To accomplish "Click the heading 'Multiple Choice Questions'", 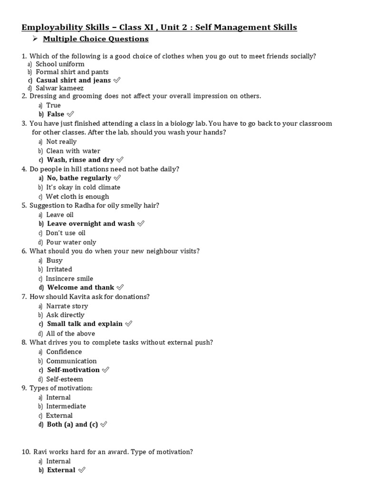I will coord(96,39).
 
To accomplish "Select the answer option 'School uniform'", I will coord(60,64).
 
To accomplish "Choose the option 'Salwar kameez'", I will coord(59,88).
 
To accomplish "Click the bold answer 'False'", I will coord(56,114).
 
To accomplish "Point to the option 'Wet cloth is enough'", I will coord(77,196).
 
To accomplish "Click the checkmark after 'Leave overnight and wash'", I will coord(141,224).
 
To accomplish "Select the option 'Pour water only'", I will coord(71,242).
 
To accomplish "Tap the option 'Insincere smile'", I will coord(69,279).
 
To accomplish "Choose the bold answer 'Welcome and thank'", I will coord(80,288).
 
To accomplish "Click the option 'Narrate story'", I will coord(67,306).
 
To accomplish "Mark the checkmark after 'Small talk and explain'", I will coord(128,324).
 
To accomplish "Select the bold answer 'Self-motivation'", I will coord(73,370).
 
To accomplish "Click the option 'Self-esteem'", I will coord(64,379).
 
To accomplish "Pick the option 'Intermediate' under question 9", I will coord(66,406).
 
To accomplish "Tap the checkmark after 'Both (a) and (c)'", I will coord(104,425).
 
